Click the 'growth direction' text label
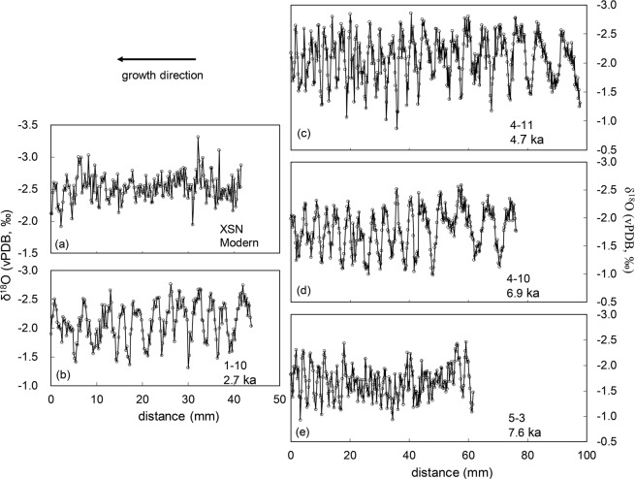(162, 75)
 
